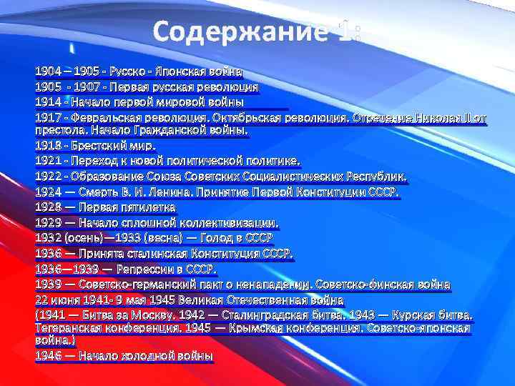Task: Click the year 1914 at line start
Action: pos(47,102)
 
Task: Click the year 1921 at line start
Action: pos(47,161)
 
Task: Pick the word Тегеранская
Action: pos(72,327)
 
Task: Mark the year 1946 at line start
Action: pos(47,355)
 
